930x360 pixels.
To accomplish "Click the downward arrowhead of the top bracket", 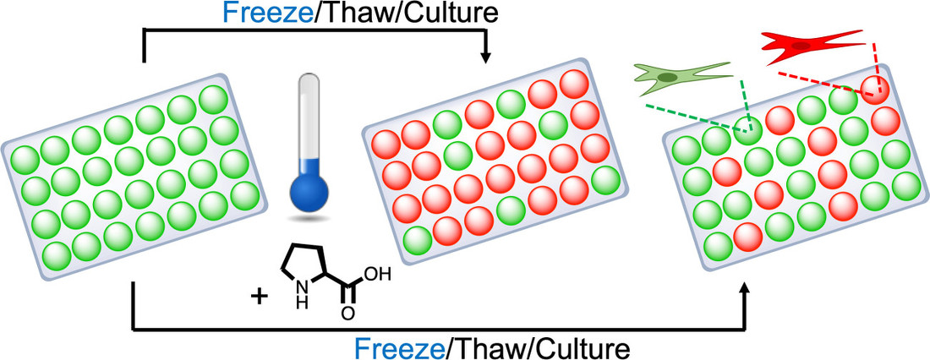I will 486,57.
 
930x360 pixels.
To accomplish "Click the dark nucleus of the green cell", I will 668,78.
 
